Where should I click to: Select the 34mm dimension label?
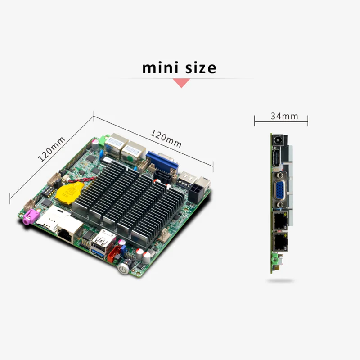coord(284,116)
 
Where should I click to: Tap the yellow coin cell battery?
coord(68,192)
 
